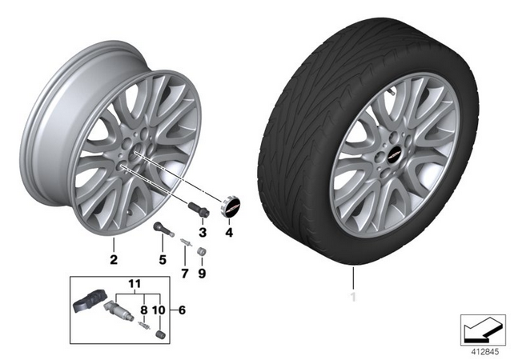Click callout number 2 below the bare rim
114,260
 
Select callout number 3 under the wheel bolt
203,233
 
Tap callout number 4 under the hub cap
229,233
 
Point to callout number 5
163,260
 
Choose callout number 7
185,273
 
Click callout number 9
202,273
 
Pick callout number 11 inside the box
135,284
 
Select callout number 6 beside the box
182,310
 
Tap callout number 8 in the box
144,310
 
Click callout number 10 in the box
159,310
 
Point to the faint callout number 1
353,298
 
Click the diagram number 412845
485,352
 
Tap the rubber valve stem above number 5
163,229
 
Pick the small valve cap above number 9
201,251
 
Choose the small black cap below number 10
160,334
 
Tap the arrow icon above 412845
483,330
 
